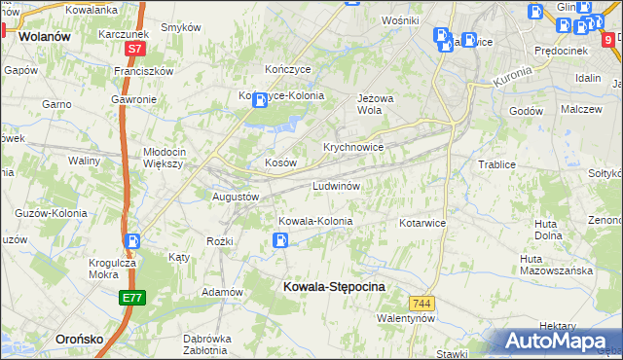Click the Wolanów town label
tap(46, 36)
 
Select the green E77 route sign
tap(133, 299)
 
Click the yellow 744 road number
tap(421, 304)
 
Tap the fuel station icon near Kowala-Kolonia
tap(280, 240)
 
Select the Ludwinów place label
tap(337, 185)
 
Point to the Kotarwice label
tap(421, 223)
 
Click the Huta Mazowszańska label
tap(556, 265)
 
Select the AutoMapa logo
tap(555, 341)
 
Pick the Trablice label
tap(495, 164)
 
